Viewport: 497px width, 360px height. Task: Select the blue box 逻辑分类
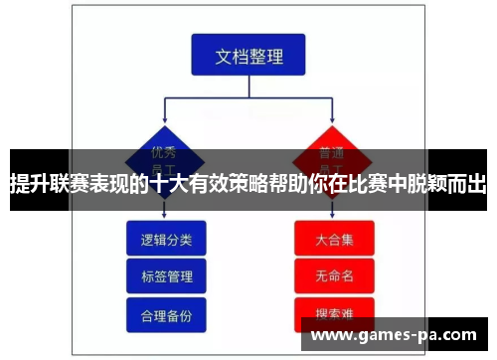pos(166,239)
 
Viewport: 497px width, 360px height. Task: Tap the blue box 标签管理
pos(166,275)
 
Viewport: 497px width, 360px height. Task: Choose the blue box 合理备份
pos(166,313)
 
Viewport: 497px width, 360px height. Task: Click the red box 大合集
pos(334,239)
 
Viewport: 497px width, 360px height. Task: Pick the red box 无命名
pos(334,275)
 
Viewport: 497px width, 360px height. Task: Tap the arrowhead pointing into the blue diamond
pos(165,120)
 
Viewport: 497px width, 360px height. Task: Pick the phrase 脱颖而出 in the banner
pos(448,182)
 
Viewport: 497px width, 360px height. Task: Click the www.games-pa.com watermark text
pos(398,334)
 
